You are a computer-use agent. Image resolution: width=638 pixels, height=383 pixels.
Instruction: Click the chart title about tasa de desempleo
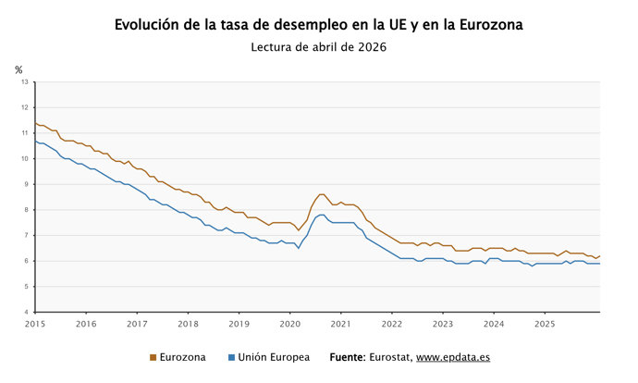point(318,25)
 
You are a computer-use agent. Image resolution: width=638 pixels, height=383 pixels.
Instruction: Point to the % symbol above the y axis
point(18,69)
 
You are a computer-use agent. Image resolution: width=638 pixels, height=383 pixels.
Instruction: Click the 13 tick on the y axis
point(26,81)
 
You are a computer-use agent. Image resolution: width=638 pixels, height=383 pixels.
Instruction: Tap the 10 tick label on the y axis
point(26,158)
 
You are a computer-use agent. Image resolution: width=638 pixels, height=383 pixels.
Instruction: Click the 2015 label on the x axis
point(35,324)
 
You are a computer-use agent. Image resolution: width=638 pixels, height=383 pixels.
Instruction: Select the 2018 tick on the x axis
point(188,324)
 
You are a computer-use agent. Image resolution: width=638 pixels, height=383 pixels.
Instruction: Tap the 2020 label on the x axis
point(289,324)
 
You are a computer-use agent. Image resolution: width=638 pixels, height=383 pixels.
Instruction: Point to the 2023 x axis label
point(443,324)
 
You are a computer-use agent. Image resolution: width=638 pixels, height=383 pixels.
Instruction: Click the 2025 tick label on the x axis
point(545,324)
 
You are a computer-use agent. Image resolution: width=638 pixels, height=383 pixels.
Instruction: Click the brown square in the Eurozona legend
point(153,357)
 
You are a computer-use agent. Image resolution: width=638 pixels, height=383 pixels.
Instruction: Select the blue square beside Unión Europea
point(231,357)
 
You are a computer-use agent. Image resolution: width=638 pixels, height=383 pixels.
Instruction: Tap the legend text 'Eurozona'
point(183,357)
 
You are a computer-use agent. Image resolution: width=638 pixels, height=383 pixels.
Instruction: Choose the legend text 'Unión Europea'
point(274,357)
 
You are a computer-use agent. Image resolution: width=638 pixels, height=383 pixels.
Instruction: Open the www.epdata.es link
point(453,357)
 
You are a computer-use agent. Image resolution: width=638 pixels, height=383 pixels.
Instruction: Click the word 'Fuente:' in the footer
point(347,357)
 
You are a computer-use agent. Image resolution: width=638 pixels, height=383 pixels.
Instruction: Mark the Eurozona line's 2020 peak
point(321,194)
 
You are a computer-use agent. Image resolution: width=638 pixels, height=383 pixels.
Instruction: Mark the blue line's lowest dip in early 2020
point(298,248)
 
